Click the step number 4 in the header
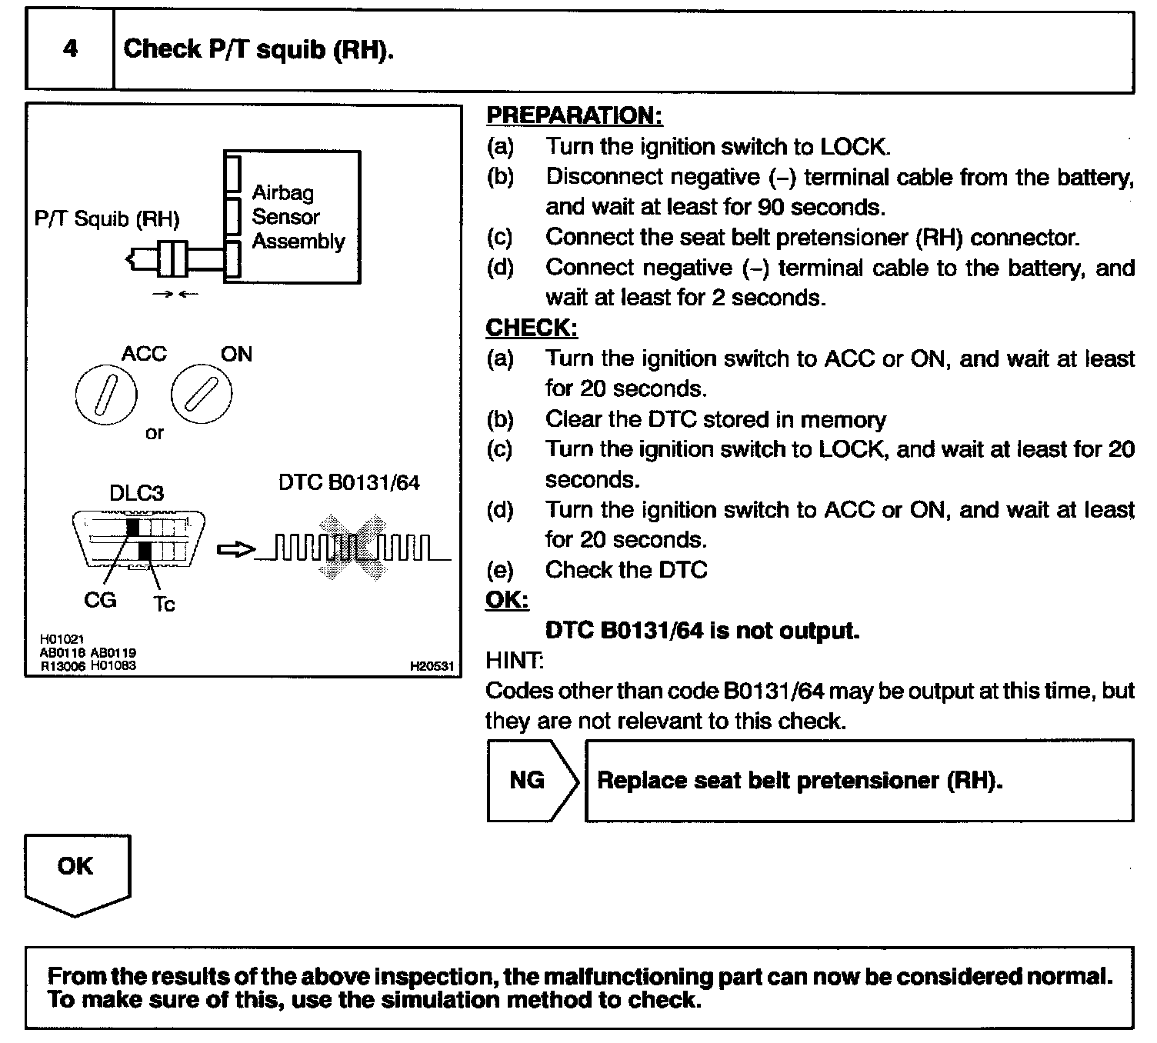[x=70, y=49]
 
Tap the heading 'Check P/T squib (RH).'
[x=258, y=49]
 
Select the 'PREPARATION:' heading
[x=574, y=115]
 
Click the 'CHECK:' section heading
[x=532, y=328]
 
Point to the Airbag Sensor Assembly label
[x=298, y=217]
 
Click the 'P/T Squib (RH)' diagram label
[x=107, y=219]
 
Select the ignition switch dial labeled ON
[x=201, y=395]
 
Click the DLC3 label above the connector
[x=136, y=492]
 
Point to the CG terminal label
[x=100, y=599]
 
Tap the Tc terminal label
[x=164, y=604]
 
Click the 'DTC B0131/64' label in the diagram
[x=349, y=483]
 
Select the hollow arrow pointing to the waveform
[x=235, y=549]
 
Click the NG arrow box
[x=531, y=781]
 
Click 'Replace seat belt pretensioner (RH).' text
[x=800, y=781]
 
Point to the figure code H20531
[x=432, y=666]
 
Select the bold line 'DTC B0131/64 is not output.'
[x=702, y=631]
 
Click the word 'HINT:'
[x=515, y=660]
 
